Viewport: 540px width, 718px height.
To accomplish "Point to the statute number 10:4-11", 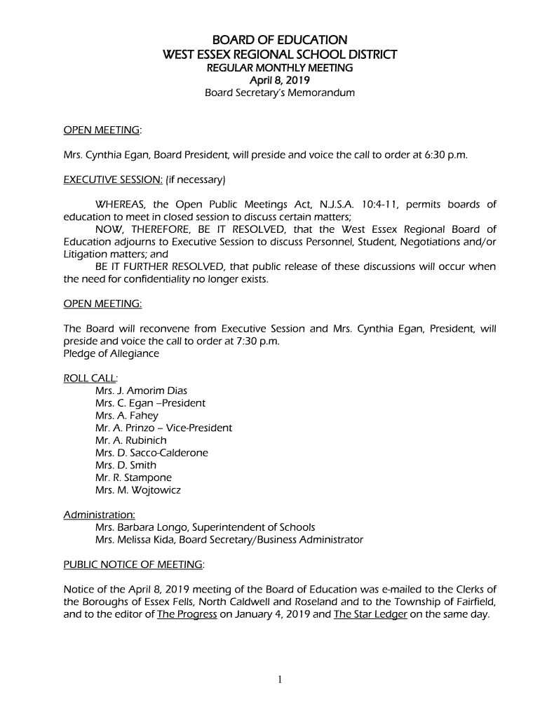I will click(x=382, y=205).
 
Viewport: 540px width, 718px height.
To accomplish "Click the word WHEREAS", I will click(x=121, y=205).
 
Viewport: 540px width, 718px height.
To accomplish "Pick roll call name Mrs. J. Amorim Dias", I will click(x=141, y=391).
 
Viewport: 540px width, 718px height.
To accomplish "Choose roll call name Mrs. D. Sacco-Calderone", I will click(x=151, y=453).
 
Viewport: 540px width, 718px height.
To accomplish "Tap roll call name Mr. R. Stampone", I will click(x=133, y=477).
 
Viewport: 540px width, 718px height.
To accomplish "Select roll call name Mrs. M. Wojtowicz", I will click(x=137, y=490).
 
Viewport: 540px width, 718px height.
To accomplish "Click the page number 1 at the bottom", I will click(x=279, y=679).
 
